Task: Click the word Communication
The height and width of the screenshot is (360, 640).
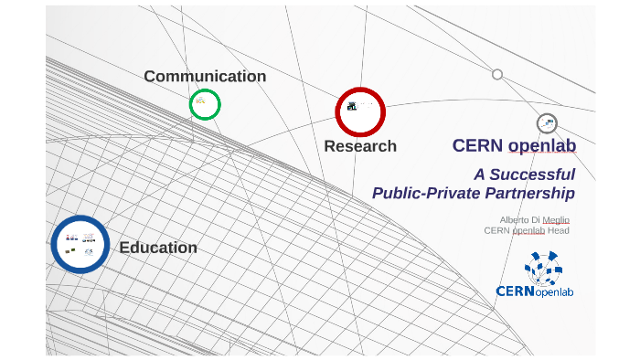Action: tap(205, 77)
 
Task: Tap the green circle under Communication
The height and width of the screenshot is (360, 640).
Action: tap(205, 104)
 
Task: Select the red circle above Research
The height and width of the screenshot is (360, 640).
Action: tap(360, 111)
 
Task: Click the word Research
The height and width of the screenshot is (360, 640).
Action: tap(360, 146)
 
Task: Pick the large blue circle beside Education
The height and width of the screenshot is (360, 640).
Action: tap(80, 244)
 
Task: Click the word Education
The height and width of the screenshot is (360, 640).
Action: tap(158, 248)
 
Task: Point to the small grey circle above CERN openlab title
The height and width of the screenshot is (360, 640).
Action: tap(547, 123)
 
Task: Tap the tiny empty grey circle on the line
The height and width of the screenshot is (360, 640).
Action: tap(497, 74)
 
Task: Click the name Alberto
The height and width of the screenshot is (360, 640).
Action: tap(516, 219)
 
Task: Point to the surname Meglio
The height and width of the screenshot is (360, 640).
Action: tap(556, 219)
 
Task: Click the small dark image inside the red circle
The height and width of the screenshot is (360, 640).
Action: tap(352, 107)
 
